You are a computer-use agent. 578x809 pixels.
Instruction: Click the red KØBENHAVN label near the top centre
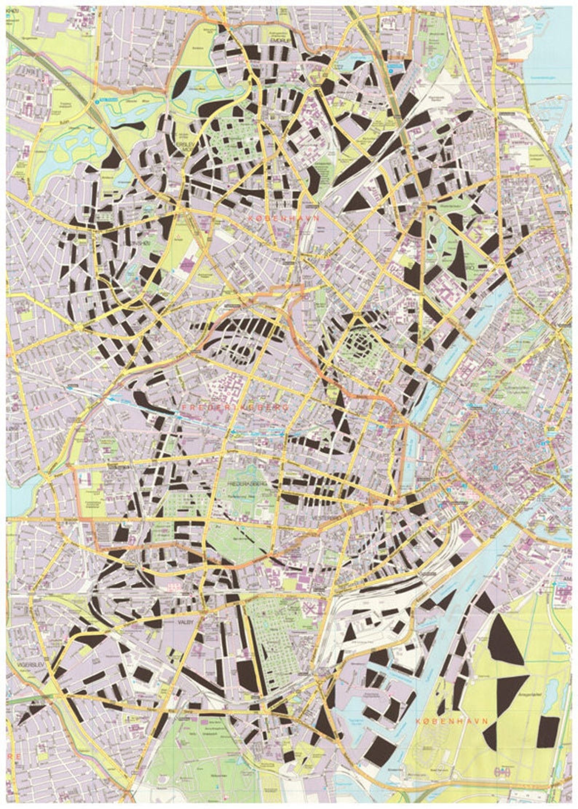coord(283,218)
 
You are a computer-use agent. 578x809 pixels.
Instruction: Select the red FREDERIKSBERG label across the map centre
coord(234,407)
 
